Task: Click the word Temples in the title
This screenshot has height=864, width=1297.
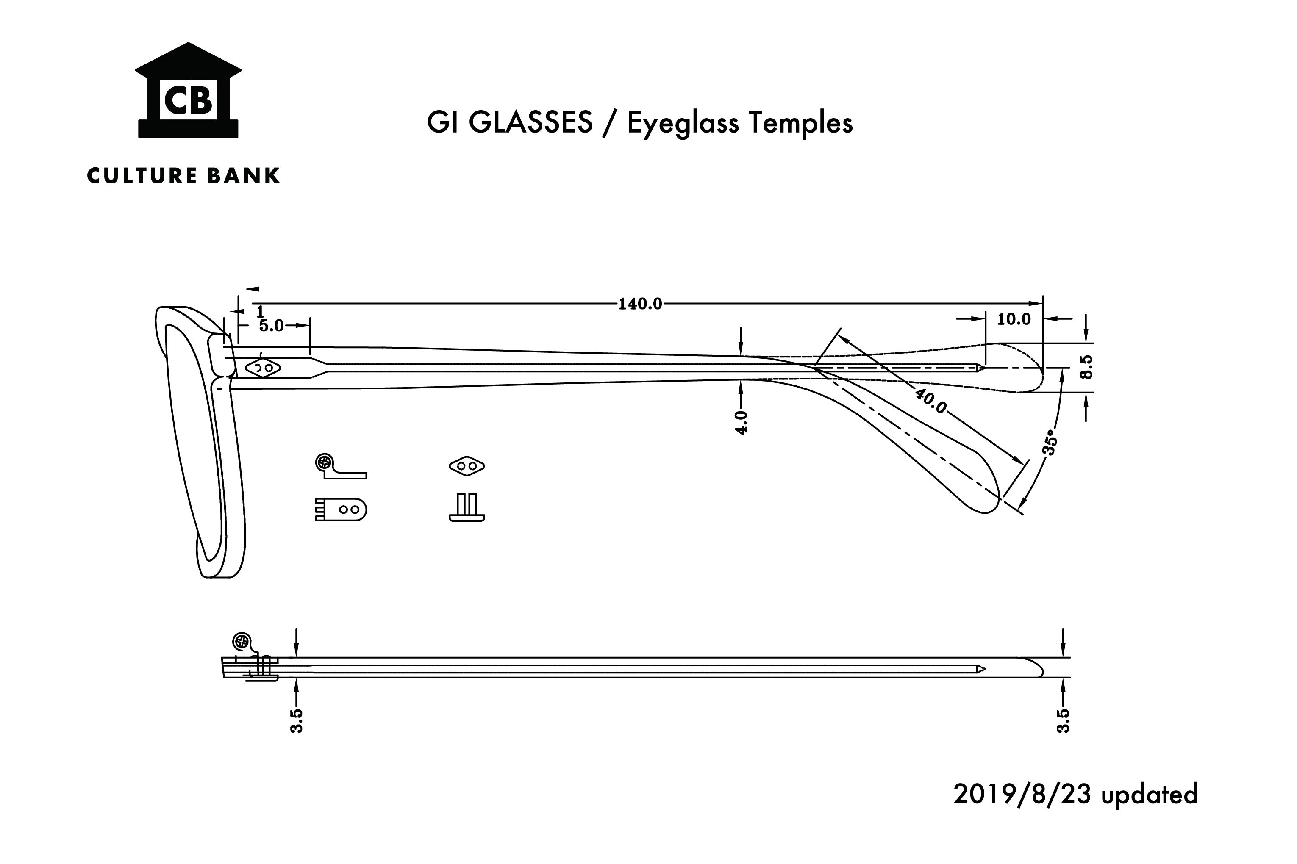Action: point(800,123)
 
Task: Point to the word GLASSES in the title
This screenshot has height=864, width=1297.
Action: point(530,122)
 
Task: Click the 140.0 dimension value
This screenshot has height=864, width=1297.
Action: point(640,304)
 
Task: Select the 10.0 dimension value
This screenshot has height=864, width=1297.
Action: point(1014,319)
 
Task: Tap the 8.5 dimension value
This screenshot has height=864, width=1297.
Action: point(1085,366)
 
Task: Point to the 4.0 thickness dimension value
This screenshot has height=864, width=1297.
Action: point(742,423)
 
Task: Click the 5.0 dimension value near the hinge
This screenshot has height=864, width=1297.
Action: point(271,326)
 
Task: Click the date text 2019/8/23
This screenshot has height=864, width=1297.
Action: point(1022,794)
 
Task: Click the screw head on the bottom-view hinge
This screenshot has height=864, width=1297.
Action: point(241,641)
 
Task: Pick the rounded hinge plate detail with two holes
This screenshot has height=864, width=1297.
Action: point(341,509)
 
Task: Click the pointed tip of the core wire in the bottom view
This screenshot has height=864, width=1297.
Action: point(986,670)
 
